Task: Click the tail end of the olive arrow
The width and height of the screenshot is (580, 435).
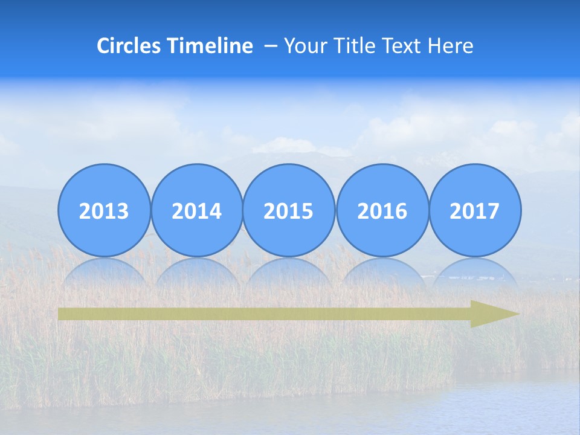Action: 62,314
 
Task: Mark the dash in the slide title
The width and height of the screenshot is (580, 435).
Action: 271,47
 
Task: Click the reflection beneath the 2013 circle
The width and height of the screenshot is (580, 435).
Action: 104,272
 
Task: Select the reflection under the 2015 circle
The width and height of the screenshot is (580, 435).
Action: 289,272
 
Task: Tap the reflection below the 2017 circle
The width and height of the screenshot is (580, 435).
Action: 475,272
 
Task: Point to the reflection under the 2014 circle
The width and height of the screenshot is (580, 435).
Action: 197,272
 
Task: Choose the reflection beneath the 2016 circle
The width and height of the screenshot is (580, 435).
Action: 382,272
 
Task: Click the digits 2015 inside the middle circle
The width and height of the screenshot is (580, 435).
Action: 289,211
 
